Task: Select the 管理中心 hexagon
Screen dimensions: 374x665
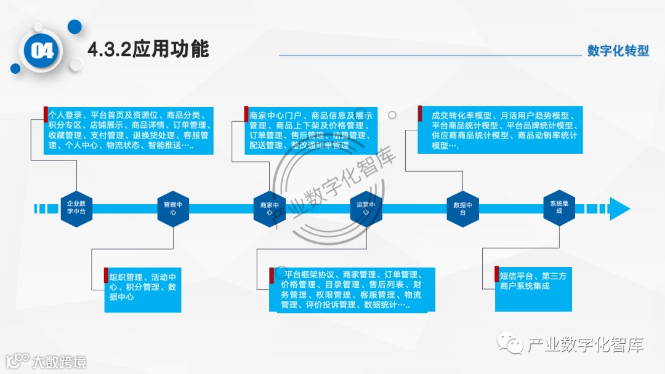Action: pos(172,208)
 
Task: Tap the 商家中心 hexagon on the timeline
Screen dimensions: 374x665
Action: pos(270,208)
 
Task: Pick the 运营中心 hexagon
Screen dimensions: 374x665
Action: pos(366,208)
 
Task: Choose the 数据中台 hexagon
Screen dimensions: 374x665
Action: pos(462,208)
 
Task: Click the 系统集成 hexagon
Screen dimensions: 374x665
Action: pos(559,208)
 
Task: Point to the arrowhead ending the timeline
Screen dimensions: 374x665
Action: pos(618,209)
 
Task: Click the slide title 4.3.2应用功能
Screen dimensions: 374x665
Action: pos(148,49)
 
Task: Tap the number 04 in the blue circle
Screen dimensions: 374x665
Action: pos(42,51)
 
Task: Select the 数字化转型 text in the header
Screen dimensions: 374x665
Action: pos(618,50)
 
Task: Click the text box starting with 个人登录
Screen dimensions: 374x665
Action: pos(129,130)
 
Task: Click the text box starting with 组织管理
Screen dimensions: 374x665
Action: pos(143,290)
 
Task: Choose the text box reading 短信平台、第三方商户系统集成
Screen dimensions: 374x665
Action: pos(533,288)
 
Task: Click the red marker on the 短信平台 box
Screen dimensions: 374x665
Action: pos(496,274)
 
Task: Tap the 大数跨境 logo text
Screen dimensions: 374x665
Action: pos(58,362)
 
